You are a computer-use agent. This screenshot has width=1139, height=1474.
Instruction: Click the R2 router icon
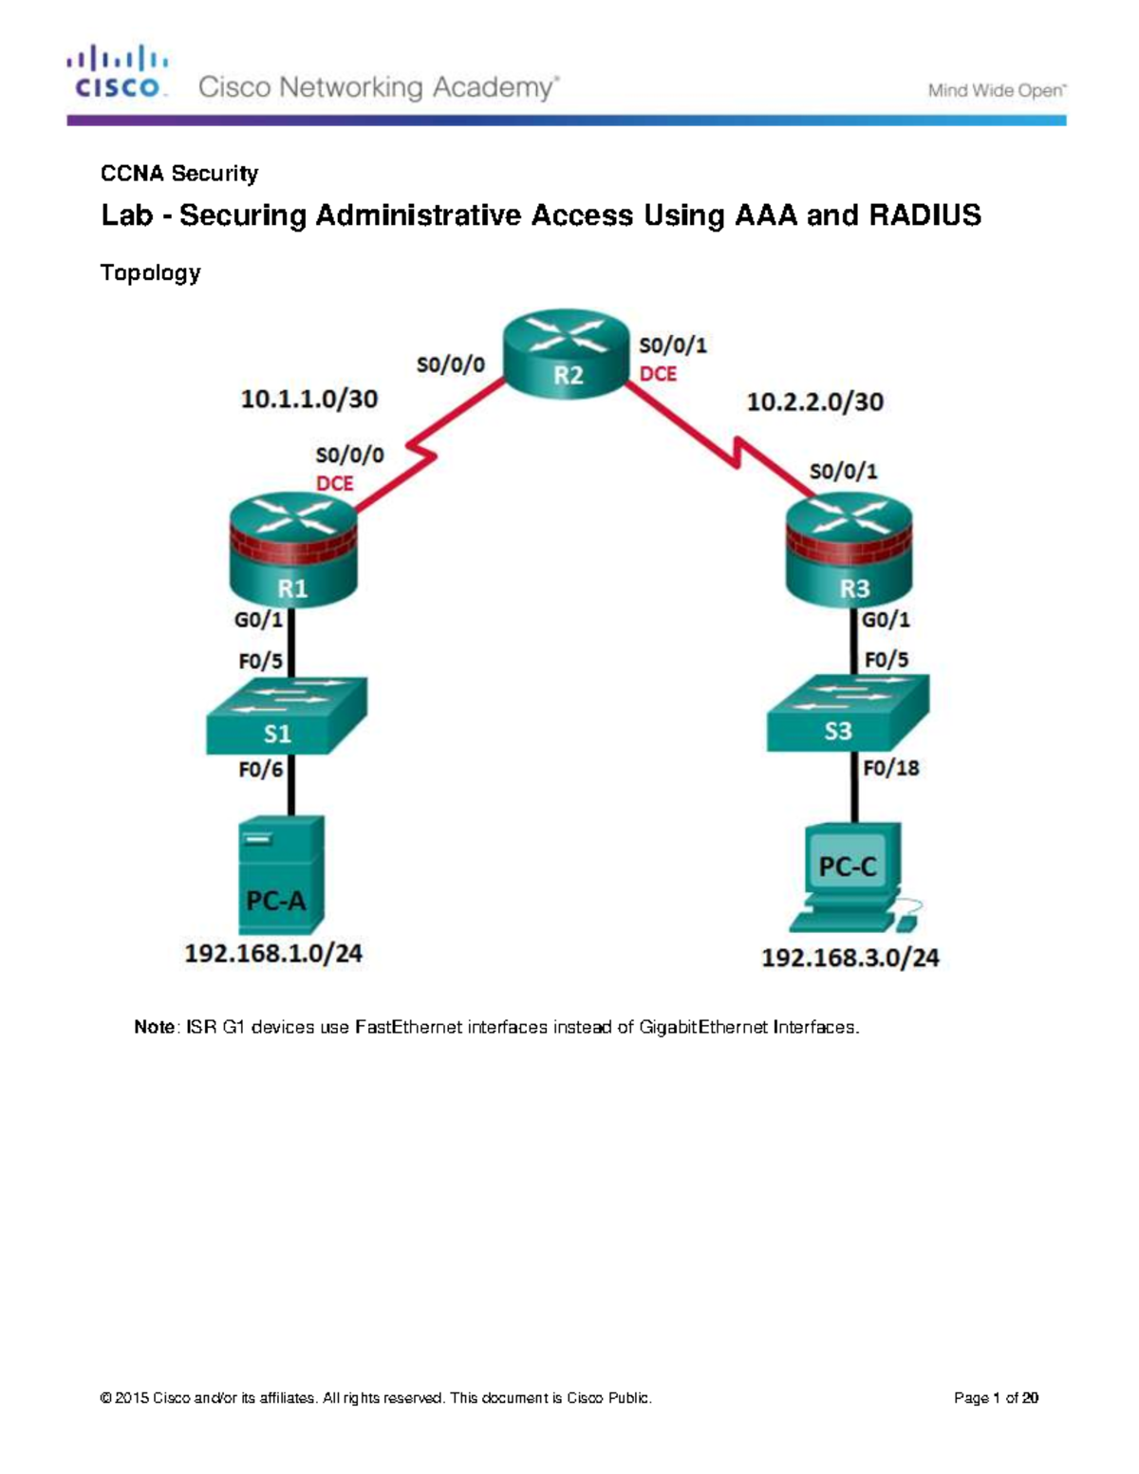pos(567,354)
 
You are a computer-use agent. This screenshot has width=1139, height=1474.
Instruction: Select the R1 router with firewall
pos(292,555)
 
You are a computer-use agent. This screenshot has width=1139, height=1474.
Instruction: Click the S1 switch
pos(286,717)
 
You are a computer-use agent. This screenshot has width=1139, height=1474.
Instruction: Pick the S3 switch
pos(847,714)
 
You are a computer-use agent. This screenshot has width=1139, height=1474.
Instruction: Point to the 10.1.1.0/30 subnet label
pos(308,400)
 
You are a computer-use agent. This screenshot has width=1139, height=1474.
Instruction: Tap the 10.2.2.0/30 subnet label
pos(814,402)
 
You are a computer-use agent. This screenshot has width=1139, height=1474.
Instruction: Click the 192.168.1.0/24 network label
pos(273,954)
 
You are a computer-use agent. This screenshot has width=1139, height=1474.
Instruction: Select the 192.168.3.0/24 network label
pos(850,959)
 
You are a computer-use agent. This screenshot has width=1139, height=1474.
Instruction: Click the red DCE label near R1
pos(334,483)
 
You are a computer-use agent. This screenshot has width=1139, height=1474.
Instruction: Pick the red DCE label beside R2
pos(658,374)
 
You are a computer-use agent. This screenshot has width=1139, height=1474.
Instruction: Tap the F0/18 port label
pos(890,768)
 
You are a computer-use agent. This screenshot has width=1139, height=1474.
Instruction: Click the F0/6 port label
pos(261,770)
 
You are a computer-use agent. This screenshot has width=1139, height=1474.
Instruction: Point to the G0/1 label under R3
pos(886,620)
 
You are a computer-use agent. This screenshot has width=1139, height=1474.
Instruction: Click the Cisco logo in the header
pos(118,72)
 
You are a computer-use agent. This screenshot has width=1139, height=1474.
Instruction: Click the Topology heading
pos(150,273)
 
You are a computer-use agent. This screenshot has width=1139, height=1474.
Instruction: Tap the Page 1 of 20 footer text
pos(996,1398)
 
